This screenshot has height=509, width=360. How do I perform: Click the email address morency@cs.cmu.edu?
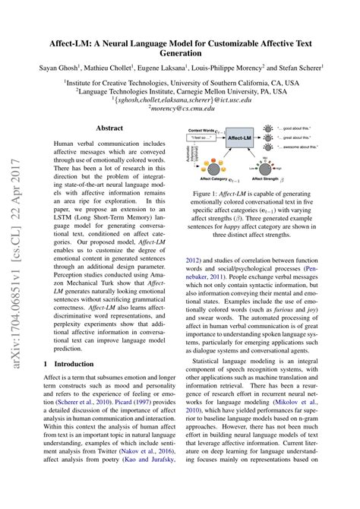[179, 109]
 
